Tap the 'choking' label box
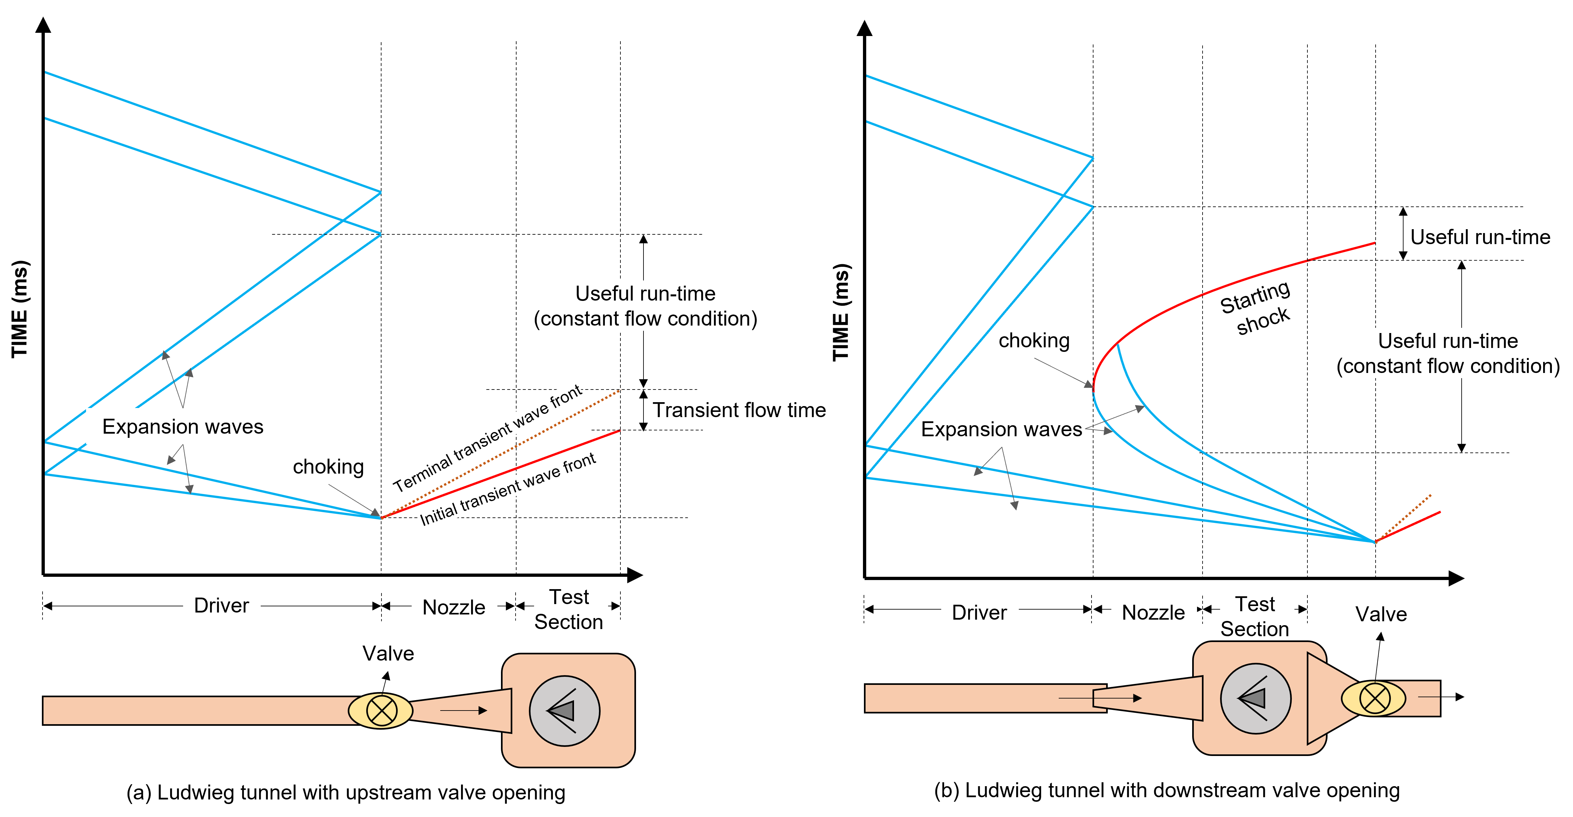tap(329, 466)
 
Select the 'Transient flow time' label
tap(739, 410)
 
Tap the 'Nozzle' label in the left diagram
tap(454, 607)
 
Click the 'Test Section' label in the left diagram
tap(570, 609)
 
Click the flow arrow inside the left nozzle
tap(464, 710)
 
